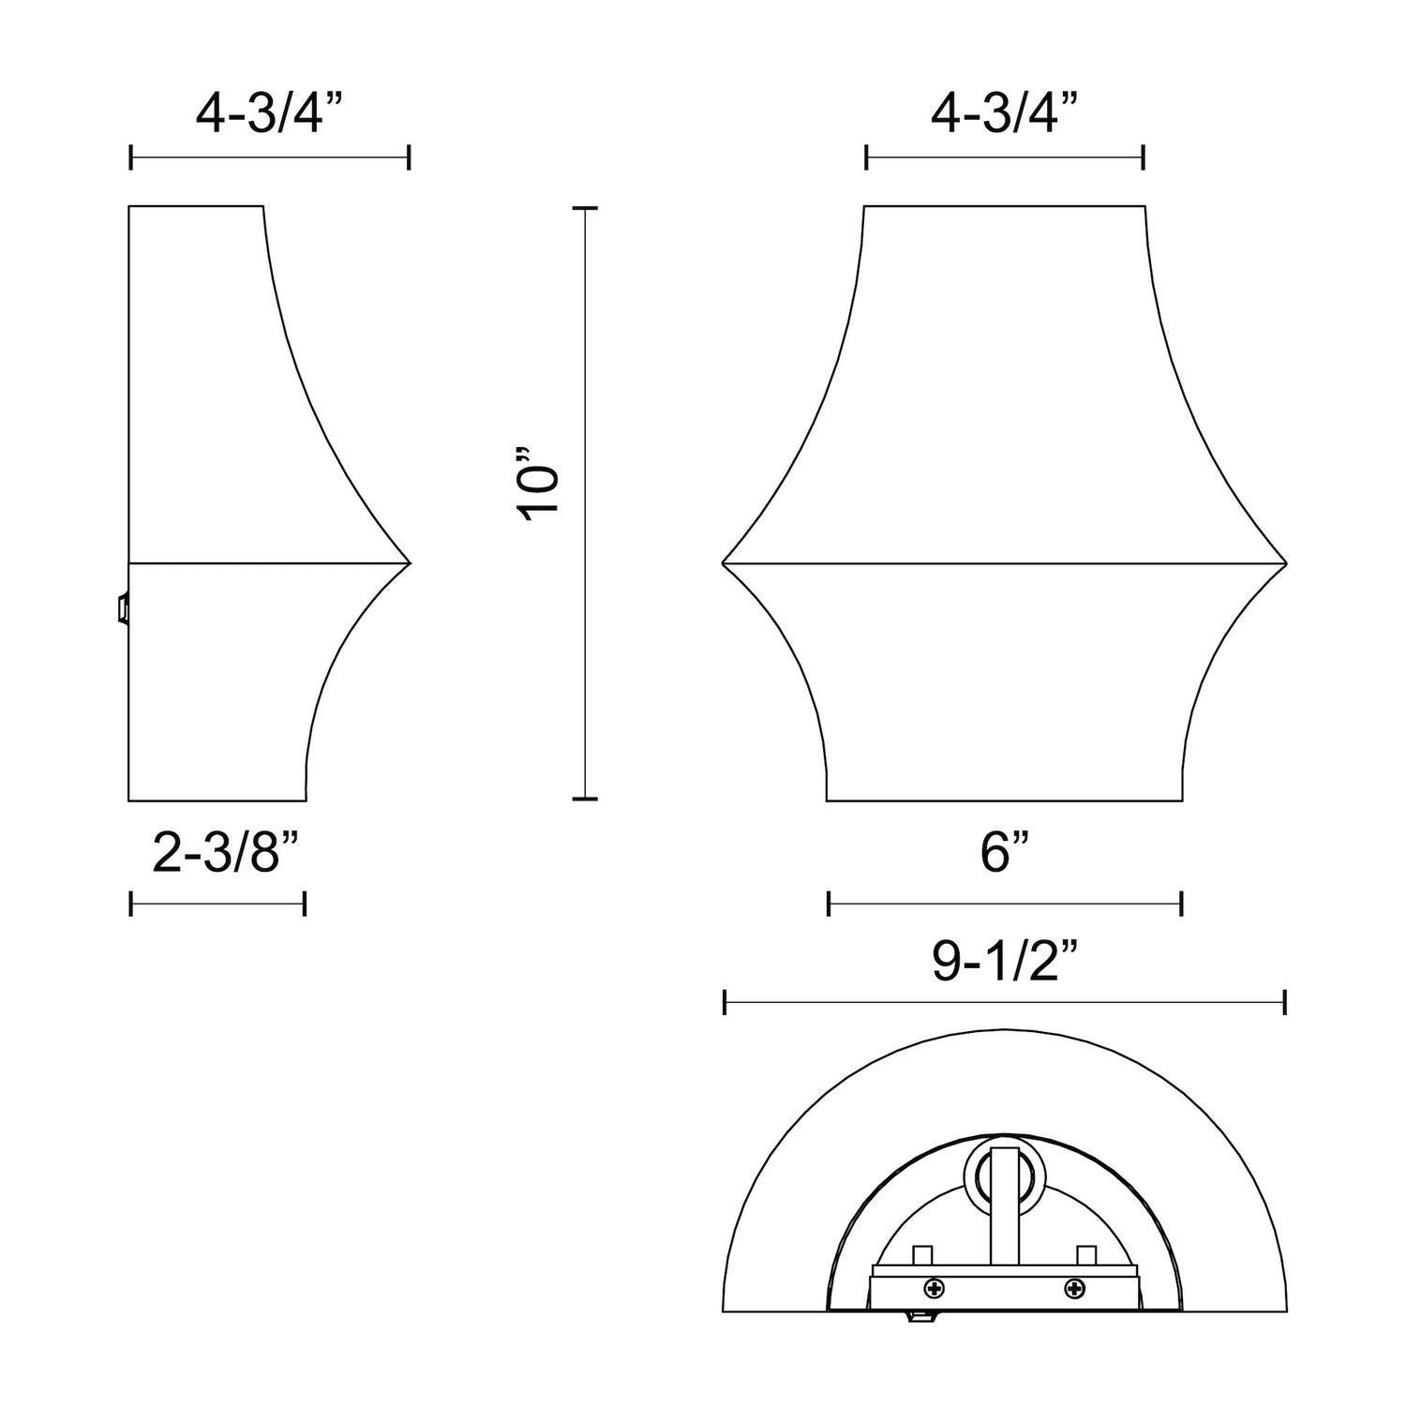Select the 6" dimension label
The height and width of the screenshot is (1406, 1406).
tap(1006, 855)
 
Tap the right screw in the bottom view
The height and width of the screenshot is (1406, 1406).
tap(1071, 1287)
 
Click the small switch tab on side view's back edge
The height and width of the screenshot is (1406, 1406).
tap(121, 608)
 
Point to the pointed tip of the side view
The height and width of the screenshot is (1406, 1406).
tap(409, 562)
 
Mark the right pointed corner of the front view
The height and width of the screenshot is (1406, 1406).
tap(1285, 562)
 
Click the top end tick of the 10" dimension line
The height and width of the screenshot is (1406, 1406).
tap(585, 208)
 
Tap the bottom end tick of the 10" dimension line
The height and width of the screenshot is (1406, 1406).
tap(585, 799)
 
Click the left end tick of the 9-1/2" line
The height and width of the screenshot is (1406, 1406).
tap(725, 1002)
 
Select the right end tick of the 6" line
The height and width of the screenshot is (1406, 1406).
tap(1181, 904)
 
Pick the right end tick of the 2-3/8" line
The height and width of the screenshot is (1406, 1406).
tap(305, 904)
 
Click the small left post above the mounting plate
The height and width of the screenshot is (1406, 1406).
tap(922, 1254)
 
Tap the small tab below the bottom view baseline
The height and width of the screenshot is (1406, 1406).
tap(924, 1318)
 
